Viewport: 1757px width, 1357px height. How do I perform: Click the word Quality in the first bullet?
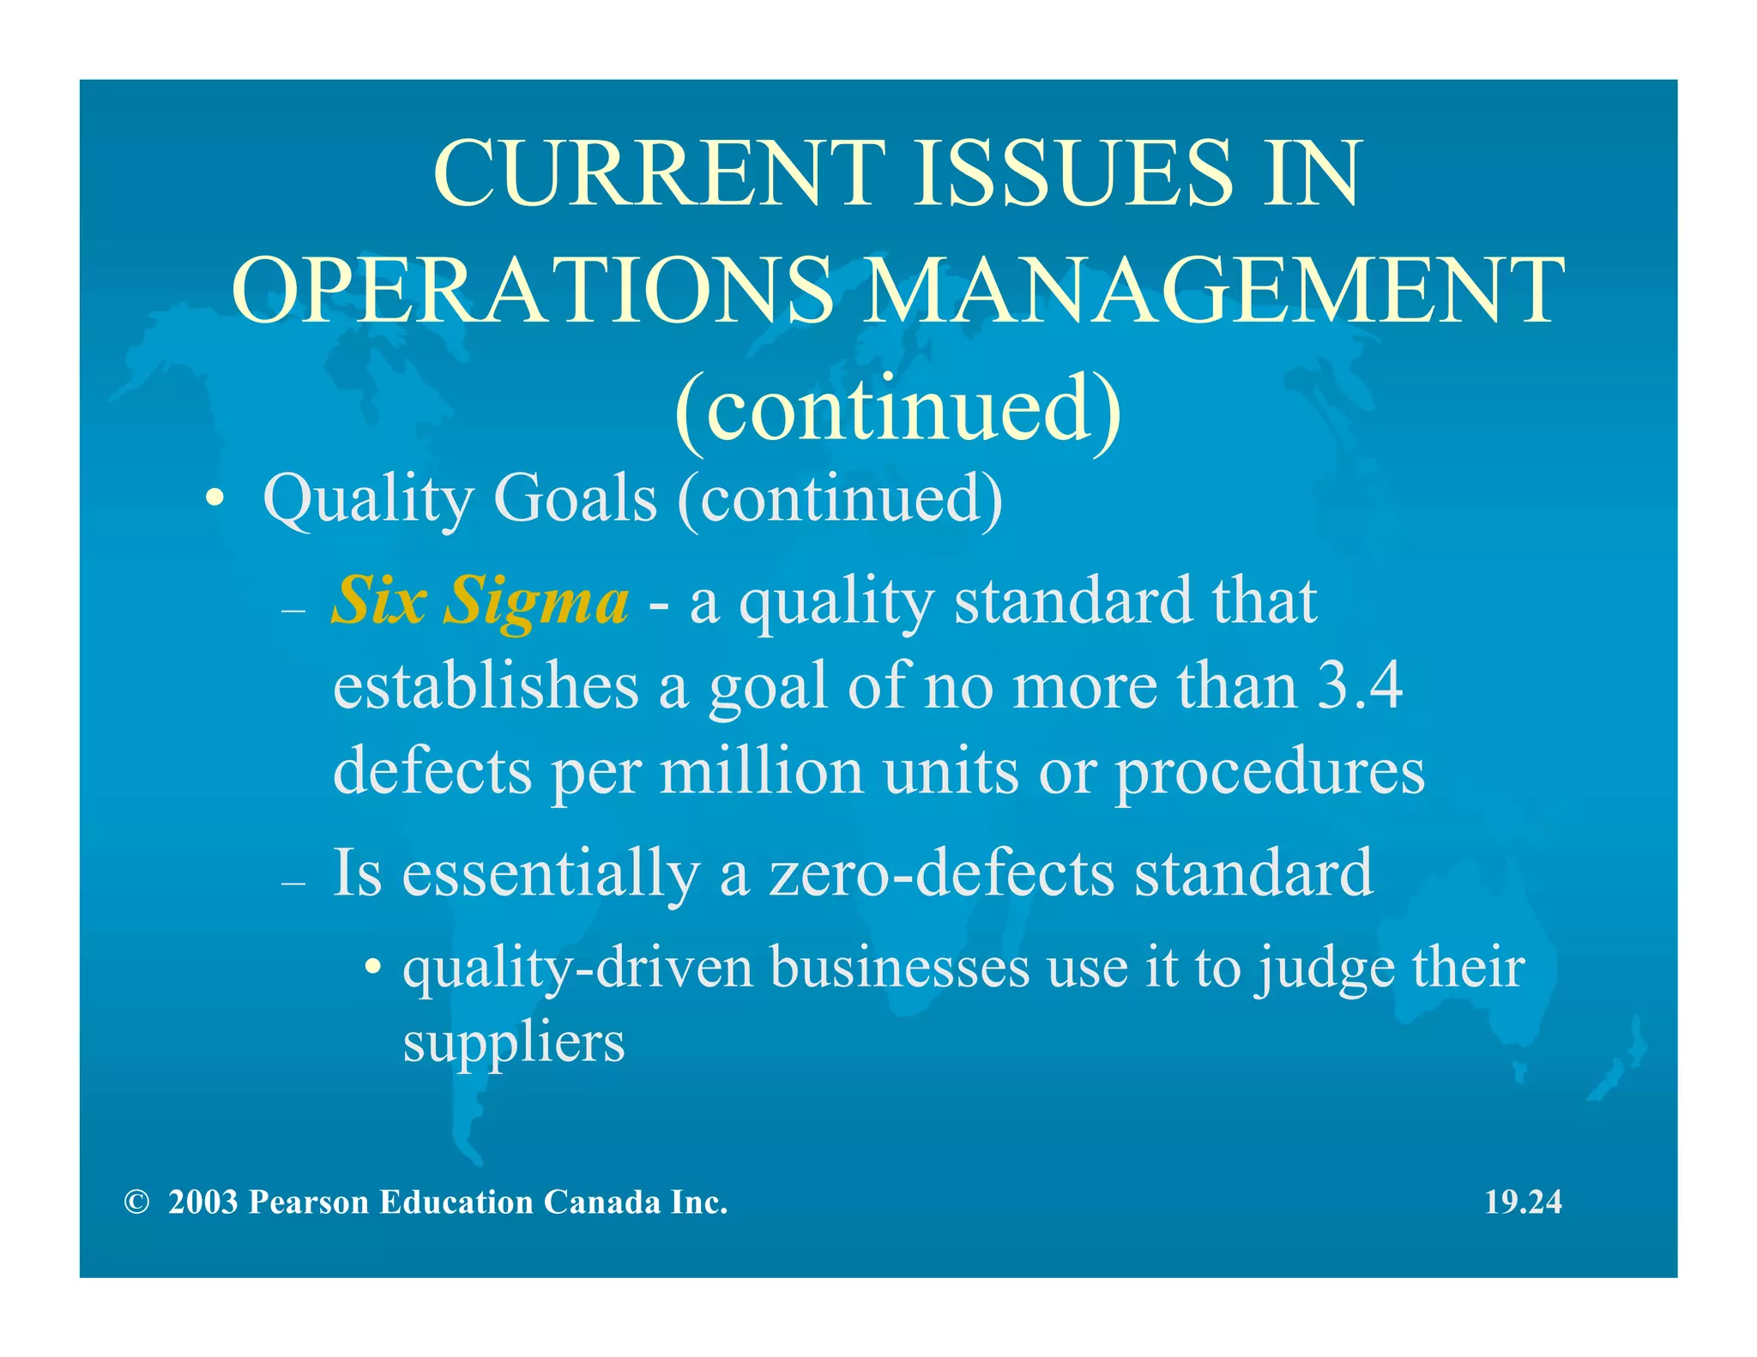click(367, 499)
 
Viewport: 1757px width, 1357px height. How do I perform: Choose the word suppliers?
click(514, 1043)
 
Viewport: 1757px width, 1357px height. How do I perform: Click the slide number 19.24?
click(1523, 1202)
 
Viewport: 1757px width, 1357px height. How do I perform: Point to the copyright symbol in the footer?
click(136, 1203)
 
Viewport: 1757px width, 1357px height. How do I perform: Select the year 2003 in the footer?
click(202, 1203)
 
